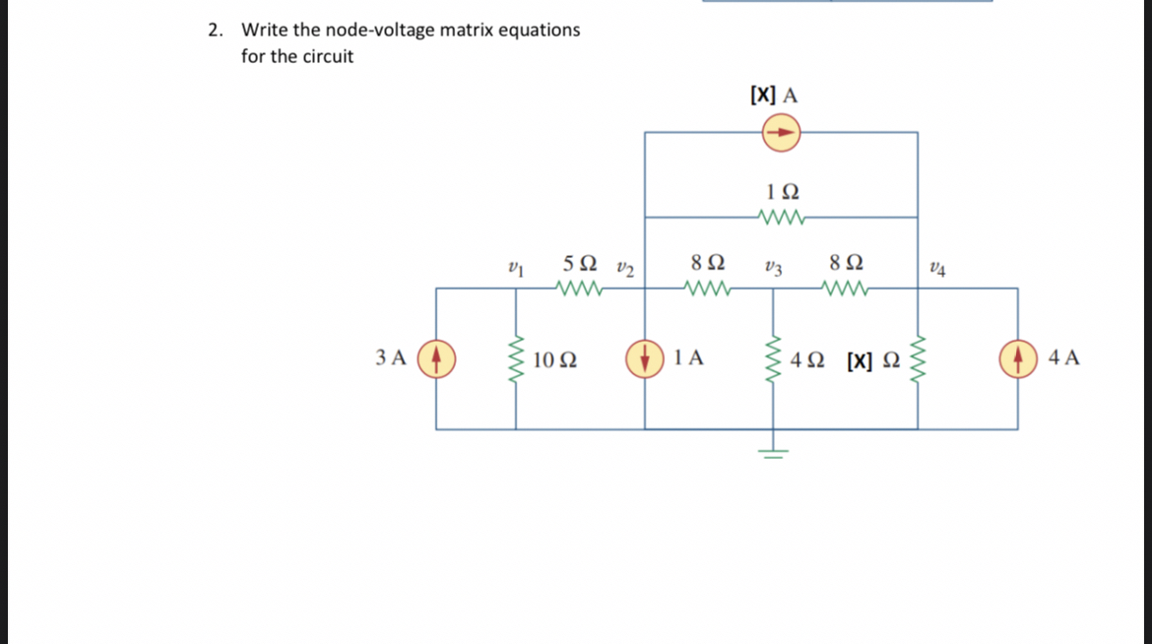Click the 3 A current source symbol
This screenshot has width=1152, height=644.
coord(437,357)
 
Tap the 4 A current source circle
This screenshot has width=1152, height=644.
coord(1017,357)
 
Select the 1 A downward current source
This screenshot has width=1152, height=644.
coord(645,357)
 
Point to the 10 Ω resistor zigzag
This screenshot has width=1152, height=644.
coord(515,358)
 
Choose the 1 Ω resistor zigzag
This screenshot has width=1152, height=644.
coord(783,217)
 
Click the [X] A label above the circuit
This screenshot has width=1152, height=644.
coord(773,96)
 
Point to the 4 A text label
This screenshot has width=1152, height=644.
coord(1063,357)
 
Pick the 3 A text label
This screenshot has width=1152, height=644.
coord(391,357)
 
